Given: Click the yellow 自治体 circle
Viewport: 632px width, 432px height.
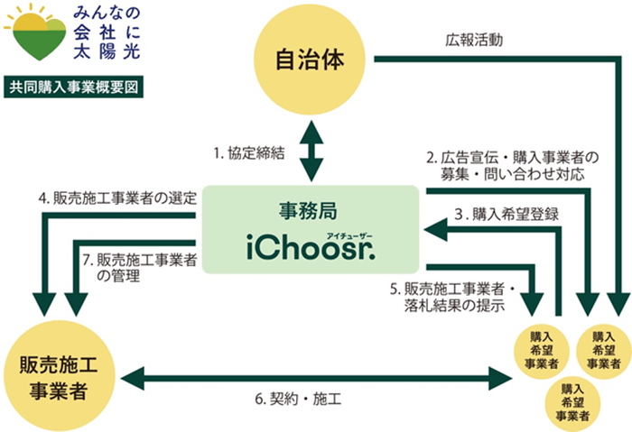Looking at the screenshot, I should coord(311,60).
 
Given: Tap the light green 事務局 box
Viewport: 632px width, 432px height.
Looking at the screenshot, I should coord(310,229).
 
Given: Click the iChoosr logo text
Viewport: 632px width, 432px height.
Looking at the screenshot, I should coord(310,245).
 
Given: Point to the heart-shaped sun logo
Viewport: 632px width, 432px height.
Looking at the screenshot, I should coord(34,36).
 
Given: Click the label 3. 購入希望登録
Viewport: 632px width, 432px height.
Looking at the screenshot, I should coord(506,215).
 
